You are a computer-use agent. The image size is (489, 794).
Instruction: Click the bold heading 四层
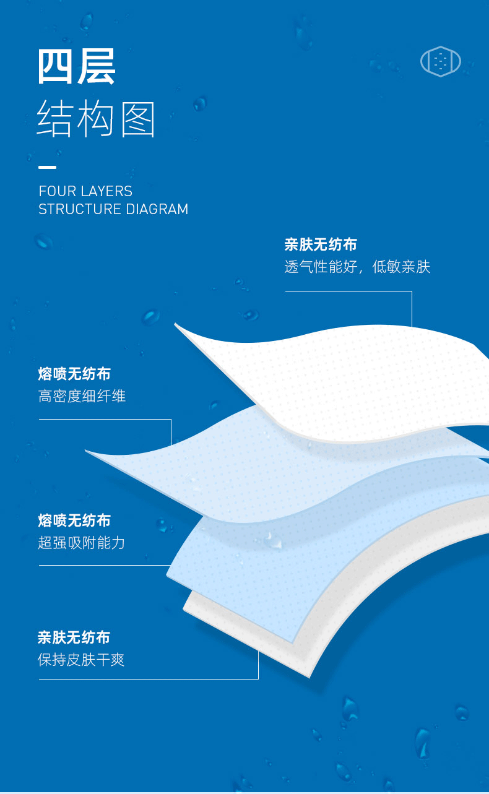(77, 67)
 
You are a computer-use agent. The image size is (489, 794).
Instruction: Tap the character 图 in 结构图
(138, 119)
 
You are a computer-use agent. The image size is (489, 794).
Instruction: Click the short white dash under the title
(48, 167)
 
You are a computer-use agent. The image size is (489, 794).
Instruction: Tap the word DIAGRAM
(157, 209)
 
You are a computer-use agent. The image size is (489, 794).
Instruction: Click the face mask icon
(441, 61)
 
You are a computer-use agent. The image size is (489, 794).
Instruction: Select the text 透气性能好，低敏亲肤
(357, 267)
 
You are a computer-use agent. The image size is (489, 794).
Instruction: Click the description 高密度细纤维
(82, 396)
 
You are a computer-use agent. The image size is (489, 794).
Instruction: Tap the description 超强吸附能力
(81, 543)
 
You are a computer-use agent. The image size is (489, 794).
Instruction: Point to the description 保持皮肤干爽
(81, 660)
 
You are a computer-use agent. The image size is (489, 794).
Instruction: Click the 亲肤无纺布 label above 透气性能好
(321, 244)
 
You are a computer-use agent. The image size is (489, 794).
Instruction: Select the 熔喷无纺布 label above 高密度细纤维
(74, 374)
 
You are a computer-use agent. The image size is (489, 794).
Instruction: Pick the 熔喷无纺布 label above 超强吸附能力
(74, 520)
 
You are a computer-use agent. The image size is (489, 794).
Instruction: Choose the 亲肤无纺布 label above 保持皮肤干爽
(74, 637)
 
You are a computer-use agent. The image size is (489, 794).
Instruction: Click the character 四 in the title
(55, 67)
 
